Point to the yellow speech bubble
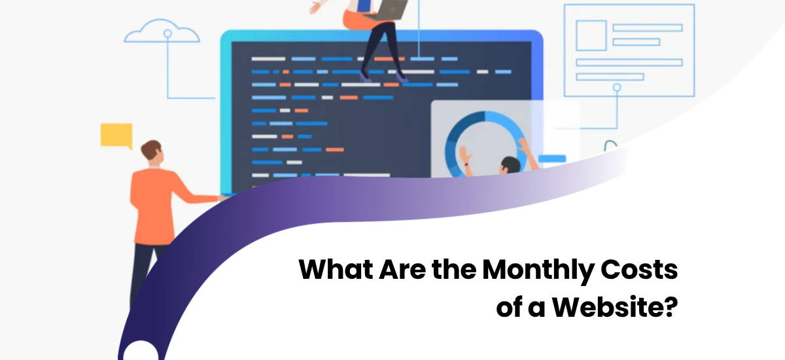[116, 134]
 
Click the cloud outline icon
[162, 35]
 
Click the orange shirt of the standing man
[153, 196]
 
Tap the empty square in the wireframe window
[591, 34]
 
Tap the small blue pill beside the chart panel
[553, 158]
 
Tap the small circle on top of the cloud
[167, 32]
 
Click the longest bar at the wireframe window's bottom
[629, 62]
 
